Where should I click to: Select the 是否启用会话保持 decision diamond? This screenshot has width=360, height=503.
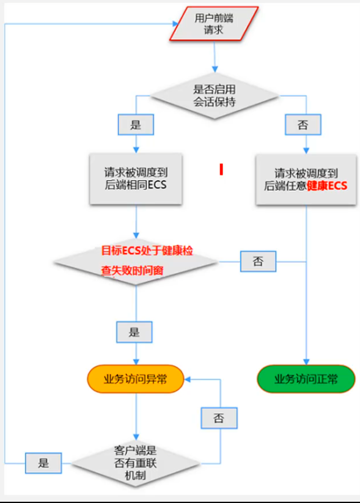(215, 96)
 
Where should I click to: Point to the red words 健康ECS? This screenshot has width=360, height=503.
(327, 186)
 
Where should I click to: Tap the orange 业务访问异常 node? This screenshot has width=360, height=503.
(136, 380)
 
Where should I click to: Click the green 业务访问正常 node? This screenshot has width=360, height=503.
(306, 380)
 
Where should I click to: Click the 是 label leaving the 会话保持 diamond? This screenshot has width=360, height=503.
(136, 125)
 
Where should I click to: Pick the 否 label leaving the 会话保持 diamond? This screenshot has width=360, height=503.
(303, 125)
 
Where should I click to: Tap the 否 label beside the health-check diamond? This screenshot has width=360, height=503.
(258, 262)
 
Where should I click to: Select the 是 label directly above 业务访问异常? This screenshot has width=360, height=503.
(134, 332)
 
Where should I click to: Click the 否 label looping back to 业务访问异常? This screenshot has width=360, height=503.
(219, 418)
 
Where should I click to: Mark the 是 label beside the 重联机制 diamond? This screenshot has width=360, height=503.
(43, 463)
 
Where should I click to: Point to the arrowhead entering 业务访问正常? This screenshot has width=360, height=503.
(306, 362)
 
